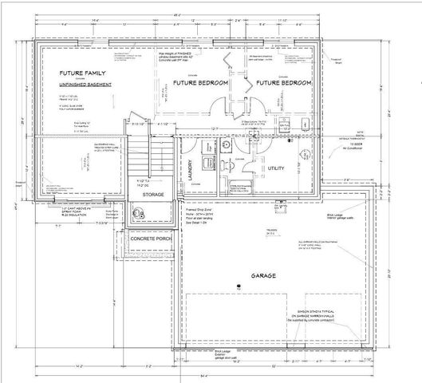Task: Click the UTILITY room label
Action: (276, 169)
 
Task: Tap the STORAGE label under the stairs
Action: (154, 194)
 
